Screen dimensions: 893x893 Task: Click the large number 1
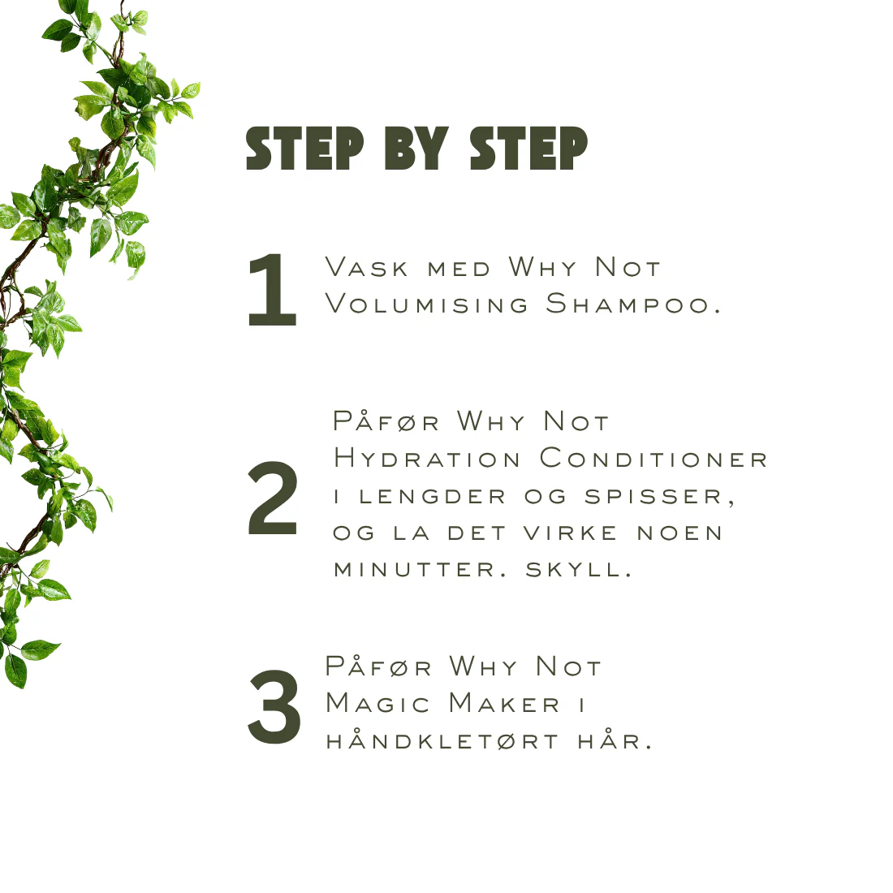(273, 290)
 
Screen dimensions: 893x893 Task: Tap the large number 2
(273, 499)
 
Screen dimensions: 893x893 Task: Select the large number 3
(274, 707)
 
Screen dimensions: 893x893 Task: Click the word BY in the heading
(417, 148)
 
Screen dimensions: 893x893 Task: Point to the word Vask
(367, 267)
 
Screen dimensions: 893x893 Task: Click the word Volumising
(427, 304)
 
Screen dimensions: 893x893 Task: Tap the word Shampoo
(633, 304)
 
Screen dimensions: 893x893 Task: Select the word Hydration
(427, 458)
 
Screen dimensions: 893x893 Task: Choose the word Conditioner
(654, 458)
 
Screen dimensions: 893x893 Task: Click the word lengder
(432, 497)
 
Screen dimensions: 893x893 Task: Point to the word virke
(570, 533)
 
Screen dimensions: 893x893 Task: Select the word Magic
(377, 703)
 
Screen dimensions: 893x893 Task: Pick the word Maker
(505, 703)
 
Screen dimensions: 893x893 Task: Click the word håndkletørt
(442, 740)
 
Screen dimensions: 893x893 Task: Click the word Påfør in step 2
(386, 421)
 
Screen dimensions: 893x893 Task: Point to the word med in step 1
(459, 270)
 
